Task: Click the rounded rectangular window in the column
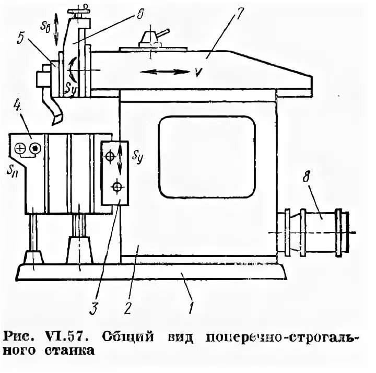click(207, 156)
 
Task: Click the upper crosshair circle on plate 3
click(110, 155)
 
